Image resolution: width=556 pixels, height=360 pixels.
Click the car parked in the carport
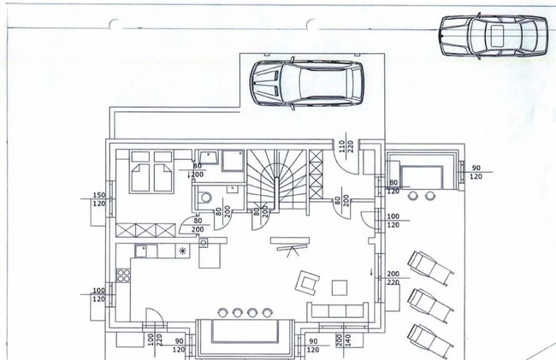(x=307, y=84)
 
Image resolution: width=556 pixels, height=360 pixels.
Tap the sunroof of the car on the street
(x=498, y=36)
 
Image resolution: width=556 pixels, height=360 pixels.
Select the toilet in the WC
(x=204, y=197)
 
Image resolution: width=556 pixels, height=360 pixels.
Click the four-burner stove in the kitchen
(x=123, y=275)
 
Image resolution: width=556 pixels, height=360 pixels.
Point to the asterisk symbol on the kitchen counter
(x=182, y=251)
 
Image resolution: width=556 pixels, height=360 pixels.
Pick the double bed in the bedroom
(x=151, y=172)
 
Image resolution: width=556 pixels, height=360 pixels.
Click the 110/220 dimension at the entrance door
(x=346, y=145)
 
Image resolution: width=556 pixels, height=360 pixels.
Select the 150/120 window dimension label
(x=99, y=199)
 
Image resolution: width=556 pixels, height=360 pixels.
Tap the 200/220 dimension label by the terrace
(x=393, y=278)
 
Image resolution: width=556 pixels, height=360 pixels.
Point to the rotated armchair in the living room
(x=307, y=282)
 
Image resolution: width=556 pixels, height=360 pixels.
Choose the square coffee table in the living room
(x=340, y=287)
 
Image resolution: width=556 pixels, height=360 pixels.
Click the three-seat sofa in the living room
(x=337, y=310)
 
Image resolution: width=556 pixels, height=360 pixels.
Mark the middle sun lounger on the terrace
(x=430, y=304)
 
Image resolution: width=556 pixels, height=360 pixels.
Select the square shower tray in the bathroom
(x=233, y=161)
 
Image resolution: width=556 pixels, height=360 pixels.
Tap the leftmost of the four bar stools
(x=222, y=312)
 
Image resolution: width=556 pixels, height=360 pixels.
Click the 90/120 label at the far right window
(x=476, y=172)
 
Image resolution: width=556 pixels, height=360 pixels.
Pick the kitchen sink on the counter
(x=141, y=251)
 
